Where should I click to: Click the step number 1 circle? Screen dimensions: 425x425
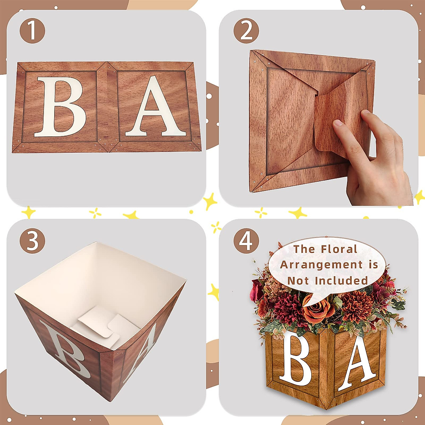32,31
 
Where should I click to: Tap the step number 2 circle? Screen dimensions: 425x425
246,31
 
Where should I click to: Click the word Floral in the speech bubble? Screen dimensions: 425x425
339,249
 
